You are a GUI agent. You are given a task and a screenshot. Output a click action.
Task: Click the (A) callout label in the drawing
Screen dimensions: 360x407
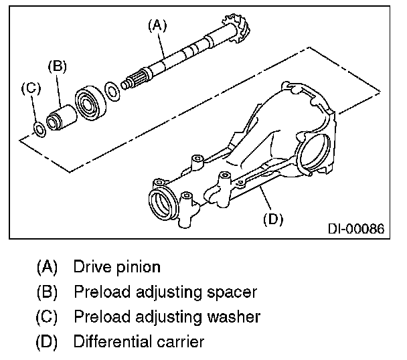[157, 25]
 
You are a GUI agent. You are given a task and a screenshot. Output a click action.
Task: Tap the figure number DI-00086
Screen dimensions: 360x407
[355, 229]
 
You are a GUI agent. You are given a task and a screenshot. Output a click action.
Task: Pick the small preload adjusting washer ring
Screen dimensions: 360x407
[39, 128]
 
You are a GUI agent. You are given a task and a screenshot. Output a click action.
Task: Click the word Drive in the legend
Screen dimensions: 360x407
[90, 267]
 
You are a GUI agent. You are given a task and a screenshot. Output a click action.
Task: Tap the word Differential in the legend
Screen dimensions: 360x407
[113, 341]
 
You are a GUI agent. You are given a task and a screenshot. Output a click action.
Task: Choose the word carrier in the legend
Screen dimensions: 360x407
[180, 341]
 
